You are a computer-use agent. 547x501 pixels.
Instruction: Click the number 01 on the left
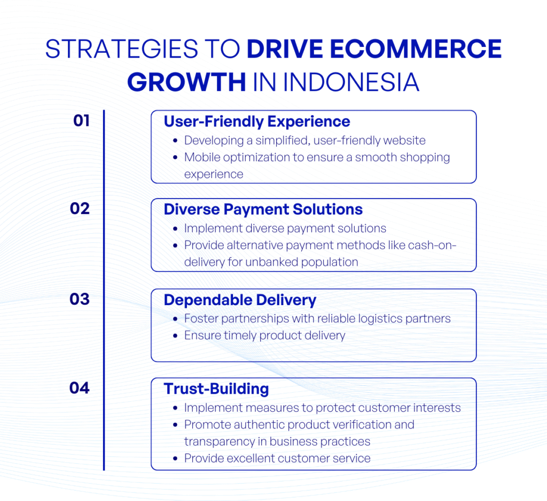82,121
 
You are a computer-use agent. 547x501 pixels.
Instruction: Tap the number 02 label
80,209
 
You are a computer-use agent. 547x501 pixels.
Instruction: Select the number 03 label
80,299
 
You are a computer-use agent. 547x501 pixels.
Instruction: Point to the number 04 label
80,388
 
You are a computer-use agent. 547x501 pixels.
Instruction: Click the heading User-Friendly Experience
256,122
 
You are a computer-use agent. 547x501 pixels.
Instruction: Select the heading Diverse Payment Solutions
263,209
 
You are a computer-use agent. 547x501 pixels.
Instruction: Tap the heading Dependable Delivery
240,300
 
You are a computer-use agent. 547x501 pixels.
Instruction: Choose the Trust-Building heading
216,389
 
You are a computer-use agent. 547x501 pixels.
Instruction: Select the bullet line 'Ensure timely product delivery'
264,336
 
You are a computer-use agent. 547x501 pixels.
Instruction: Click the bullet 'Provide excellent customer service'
277,458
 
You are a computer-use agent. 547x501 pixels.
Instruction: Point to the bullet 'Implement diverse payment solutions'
285,228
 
